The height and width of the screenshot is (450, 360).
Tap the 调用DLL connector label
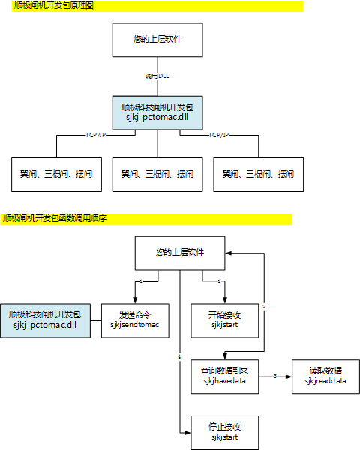click(x=157, y=76)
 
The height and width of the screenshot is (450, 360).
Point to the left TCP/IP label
click(x=95, y=135)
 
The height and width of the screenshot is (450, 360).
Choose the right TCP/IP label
click(x=218, y=135)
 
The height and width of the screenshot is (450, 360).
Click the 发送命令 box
click(x=136, y=320)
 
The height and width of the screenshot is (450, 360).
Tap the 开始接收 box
click(x=225, y=320)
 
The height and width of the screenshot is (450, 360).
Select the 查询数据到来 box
click(x=225, y=376)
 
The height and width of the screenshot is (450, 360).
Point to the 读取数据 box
click(x=325, y=376)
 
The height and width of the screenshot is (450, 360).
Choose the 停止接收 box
click(x=225, y=431)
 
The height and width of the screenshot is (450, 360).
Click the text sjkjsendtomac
click(x=136, y=325)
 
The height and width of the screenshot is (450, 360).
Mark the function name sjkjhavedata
click(x=225, y=381)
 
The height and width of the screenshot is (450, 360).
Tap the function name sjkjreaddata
click(x=325, y=381)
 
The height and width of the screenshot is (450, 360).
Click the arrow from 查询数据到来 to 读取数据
click(x=275, y=376)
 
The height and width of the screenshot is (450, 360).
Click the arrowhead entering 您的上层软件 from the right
click(x=229, y=253)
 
